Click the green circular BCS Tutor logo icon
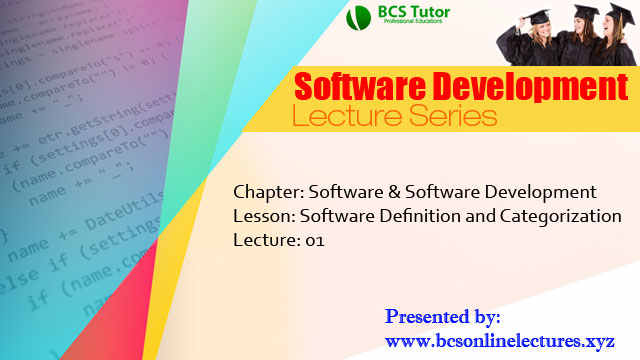pyautogui.click(x=357, y=18)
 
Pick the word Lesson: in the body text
pyautogui.click(x=262, y=216)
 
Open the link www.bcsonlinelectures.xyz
pyautogui.click(x=501, y=341)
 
